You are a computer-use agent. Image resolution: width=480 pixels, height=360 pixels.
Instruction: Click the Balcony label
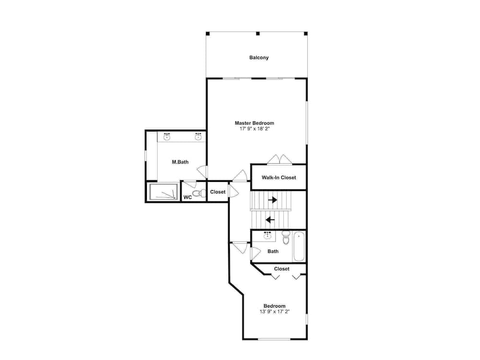(x=259, y=58)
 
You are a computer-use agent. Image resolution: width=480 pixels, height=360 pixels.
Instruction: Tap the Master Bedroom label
(x=254, y=123)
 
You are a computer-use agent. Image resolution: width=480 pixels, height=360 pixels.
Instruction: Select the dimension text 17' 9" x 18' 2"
(x=254, y=129)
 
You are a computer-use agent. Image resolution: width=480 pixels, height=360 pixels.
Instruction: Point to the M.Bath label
(x=180, y=162)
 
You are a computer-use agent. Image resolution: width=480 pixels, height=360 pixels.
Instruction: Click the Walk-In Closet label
(x=278, y=178)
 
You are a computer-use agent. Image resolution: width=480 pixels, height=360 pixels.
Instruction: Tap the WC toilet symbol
(x=200, y=193)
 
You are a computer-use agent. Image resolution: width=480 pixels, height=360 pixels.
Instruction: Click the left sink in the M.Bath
(x=167, y=136)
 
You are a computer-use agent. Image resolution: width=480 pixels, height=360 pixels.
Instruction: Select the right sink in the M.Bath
(x=198, y=136)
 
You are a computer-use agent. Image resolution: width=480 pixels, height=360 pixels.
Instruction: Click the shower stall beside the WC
(x=164, y=192)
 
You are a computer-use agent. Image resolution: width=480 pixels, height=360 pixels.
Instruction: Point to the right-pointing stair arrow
(x=273, y=200)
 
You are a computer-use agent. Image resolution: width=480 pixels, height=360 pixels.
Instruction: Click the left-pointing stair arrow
(x=270, y=219)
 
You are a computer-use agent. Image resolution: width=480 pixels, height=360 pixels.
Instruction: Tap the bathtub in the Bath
(x=299, y=246)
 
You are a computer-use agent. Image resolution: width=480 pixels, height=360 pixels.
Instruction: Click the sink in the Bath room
(x=267, y=235)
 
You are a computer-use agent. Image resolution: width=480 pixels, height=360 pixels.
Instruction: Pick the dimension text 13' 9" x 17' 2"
(x=275, y=312)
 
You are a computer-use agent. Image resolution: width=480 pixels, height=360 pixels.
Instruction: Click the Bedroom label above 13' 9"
(x=274, y=306)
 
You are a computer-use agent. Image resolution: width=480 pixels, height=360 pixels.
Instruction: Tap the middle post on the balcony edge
(x=258, y=34)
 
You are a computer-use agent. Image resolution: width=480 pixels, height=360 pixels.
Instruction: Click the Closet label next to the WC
(x=217, y=192)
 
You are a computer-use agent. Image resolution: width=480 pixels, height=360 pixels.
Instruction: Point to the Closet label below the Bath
(x=282, y=269)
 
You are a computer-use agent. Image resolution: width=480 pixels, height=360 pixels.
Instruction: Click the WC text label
(x=187, y=197)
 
